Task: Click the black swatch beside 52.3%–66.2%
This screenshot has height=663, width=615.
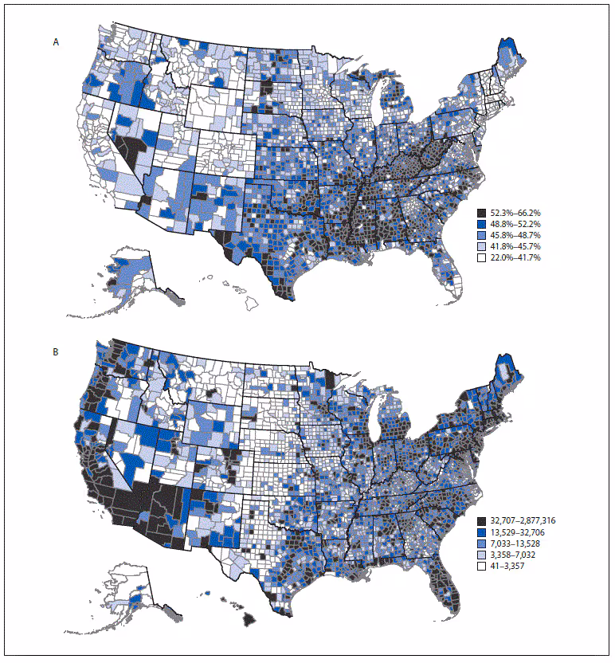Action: [x=482, y=214]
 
